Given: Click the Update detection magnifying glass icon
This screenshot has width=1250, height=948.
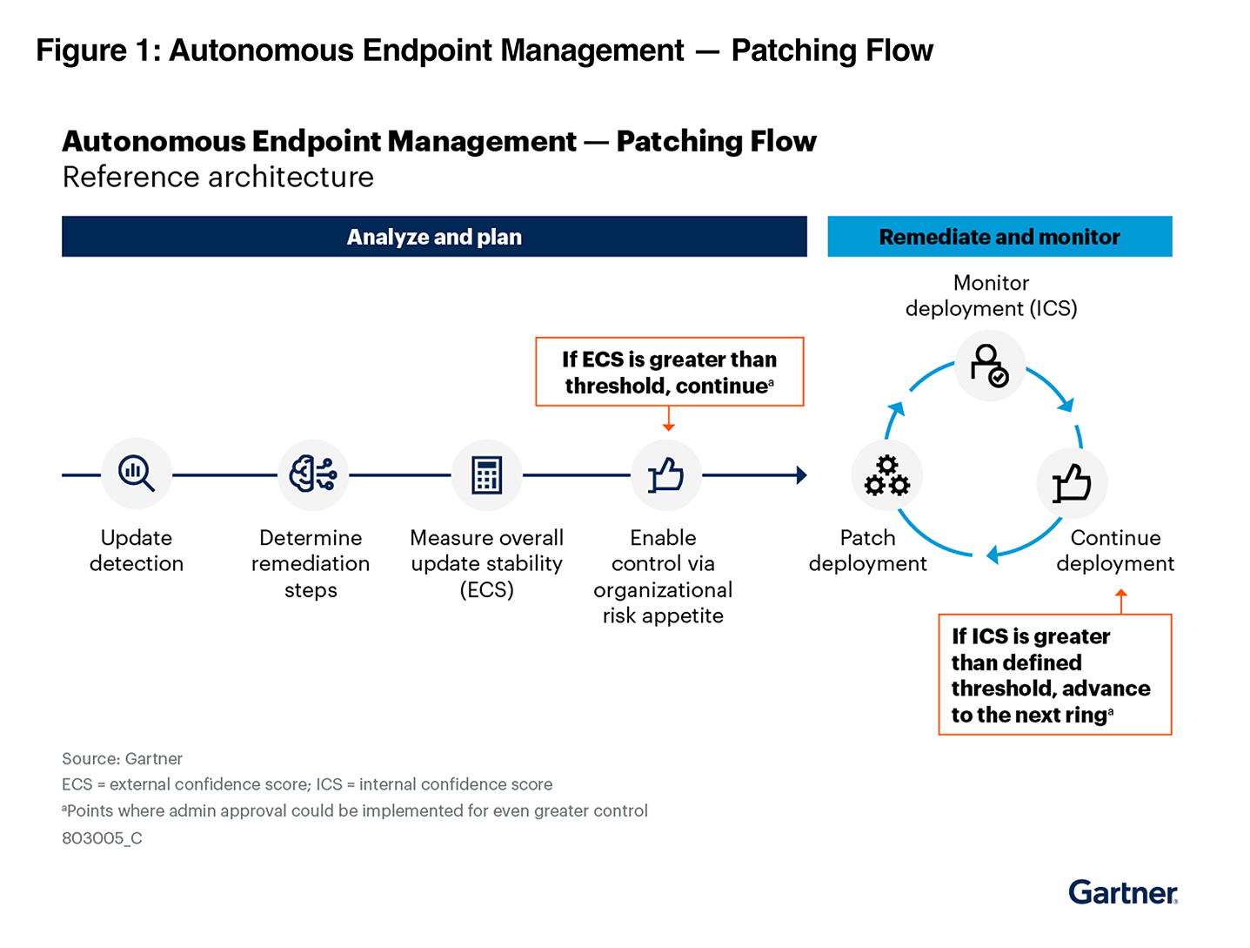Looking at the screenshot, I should coord(137,474).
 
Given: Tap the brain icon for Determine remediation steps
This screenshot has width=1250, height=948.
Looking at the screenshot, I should coord(312,474).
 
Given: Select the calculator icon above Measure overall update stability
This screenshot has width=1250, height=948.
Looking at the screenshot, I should coord(487,475).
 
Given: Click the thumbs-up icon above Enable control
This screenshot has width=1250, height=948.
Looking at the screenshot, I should coord(665,475).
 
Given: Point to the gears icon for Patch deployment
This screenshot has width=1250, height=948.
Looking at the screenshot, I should coord(886,475).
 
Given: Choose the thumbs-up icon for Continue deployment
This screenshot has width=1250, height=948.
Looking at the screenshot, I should coord(1072,483).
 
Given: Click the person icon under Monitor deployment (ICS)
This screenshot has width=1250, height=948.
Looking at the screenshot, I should coord(990,366).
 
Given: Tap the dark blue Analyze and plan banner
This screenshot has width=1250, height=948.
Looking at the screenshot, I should coord(434,237).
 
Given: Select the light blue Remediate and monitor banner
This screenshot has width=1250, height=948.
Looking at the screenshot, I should coord(999,237).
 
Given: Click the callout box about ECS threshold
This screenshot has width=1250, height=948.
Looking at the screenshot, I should coord(669,372).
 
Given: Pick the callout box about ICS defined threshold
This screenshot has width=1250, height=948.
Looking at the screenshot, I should coord(1054,675).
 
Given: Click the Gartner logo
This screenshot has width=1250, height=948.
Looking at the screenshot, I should coord(1122,892).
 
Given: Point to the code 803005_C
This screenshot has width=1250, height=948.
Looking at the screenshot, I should coord(102,838).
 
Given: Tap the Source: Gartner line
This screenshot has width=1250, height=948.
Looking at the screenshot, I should coord(122,759).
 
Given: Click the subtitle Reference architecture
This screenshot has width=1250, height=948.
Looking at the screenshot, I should coord(218,177).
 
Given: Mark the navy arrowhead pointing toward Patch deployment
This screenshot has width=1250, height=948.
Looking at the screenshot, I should coord(801,475).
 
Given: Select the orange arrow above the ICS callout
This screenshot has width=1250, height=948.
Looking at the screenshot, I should coord(1121,600).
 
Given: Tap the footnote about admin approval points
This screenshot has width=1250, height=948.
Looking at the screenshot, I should coord(355,811).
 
